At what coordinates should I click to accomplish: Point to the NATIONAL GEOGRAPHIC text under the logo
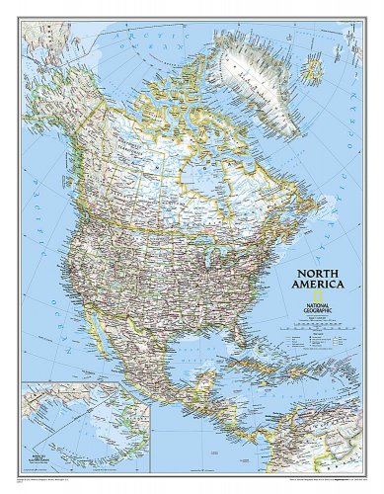coord(317,308)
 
